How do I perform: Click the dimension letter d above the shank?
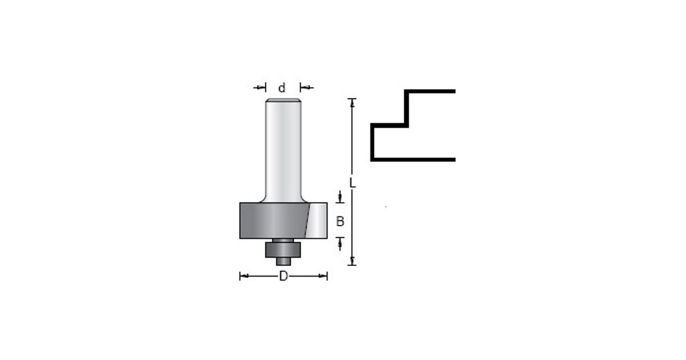coord(282,88)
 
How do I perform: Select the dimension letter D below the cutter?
coord(284,276)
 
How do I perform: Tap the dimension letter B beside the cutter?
coord(340,221)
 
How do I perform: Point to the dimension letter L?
coord(352,183)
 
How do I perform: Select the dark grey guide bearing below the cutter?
coord(283,250)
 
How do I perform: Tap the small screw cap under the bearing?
coord(284,262)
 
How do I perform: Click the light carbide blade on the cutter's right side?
coord(316,221)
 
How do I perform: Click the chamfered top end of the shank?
coord(284,100)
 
